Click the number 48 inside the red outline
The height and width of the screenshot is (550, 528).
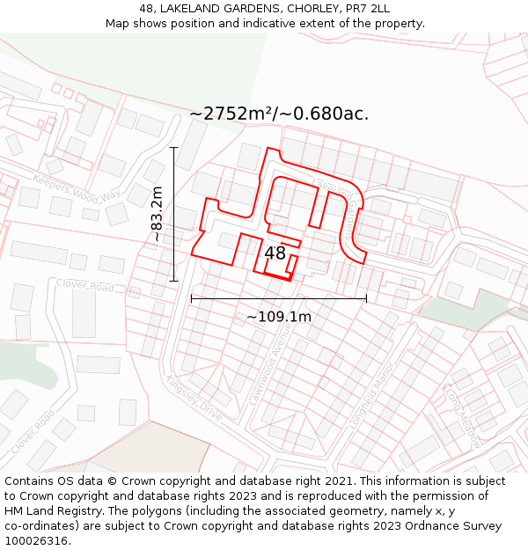click(x=275, y=253)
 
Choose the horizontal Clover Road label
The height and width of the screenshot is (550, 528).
click(x=85, y=286)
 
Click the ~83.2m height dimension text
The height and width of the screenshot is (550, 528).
click(x=157, y=214)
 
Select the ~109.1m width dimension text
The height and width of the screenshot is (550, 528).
click(x=278, y=317)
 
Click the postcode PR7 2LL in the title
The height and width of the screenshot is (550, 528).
click(x=367, y=9)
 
